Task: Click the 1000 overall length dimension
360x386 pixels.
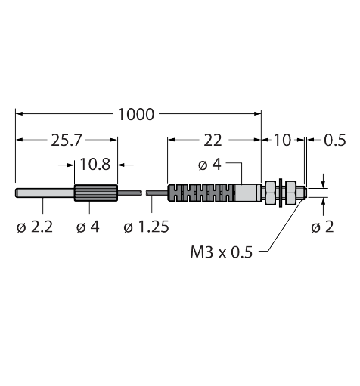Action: click(x=135, y=115)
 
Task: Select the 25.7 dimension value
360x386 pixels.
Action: click(x=67, y=141)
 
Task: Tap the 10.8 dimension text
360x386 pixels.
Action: click(x=95, y=165)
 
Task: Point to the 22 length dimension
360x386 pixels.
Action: click(x=213, y=141)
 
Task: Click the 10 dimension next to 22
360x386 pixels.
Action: click(x=282, y=141)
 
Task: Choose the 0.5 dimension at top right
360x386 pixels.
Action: click(x=335, y=141)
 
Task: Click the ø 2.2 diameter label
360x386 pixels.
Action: click(x=35, y=227)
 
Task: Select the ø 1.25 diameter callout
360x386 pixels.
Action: click(x=146, y=227)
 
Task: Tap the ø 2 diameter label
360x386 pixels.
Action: click(x=322, y=227)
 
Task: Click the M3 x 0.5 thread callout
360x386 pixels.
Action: click(x=222, y=252)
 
